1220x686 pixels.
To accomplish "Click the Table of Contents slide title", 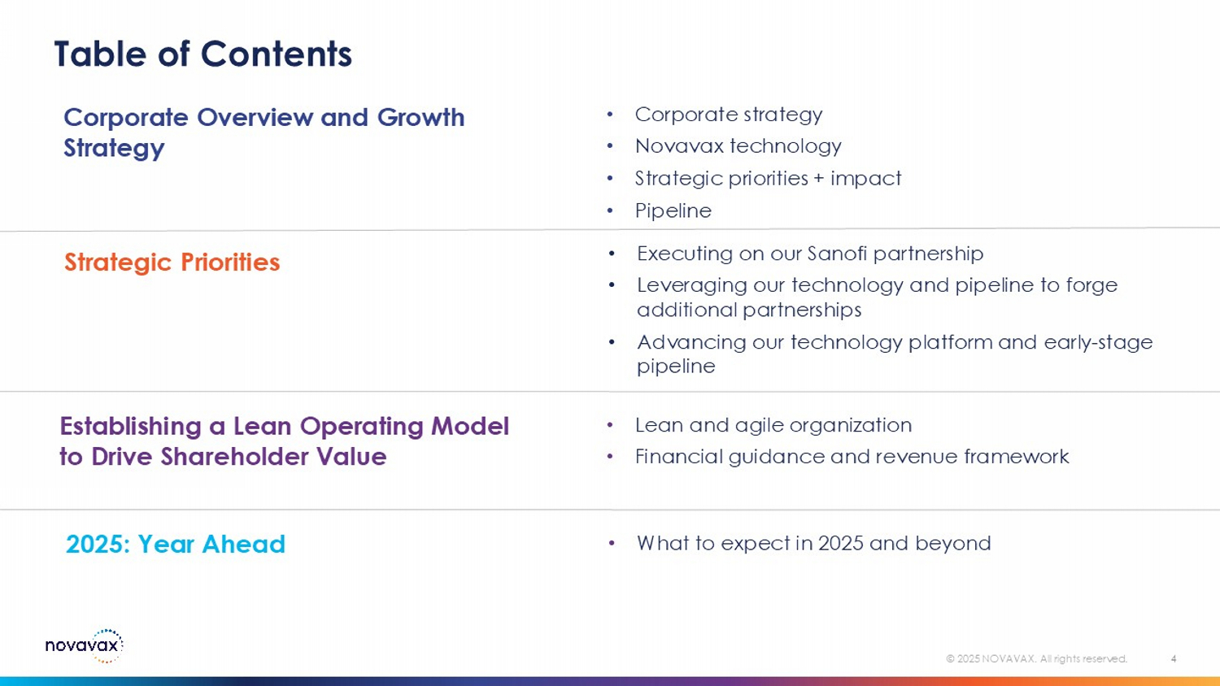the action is (203, 54).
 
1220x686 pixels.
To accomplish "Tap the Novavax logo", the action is (85, 645).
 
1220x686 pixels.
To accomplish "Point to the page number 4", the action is (1174, 659).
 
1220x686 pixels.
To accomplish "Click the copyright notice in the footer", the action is (1036, 659).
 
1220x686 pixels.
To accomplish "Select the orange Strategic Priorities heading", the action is (172, 263).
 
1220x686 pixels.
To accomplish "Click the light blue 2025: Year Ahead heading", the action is (176, 544).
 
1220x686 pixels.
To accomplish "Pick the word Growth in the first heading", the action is (420, 117).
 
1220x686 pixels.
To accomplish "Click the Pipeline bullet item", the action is (673, 211).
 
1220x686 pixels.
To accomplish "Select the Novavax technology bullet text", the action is (738, 146).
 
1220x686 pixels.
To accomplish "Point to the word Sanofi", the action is (837, 254).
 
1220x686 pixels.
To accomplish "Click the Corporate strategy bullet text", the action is (729, 115).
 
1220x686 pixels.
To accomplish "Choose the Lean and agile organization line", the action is (773, 425).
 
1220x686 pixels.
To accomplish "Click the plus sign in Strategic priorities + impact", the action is (819, 179).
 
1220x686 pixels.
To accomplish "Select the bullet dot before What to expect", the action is (612, 543).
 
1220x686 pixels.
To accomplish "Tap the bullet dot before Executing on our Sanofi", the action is (612, 254).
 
